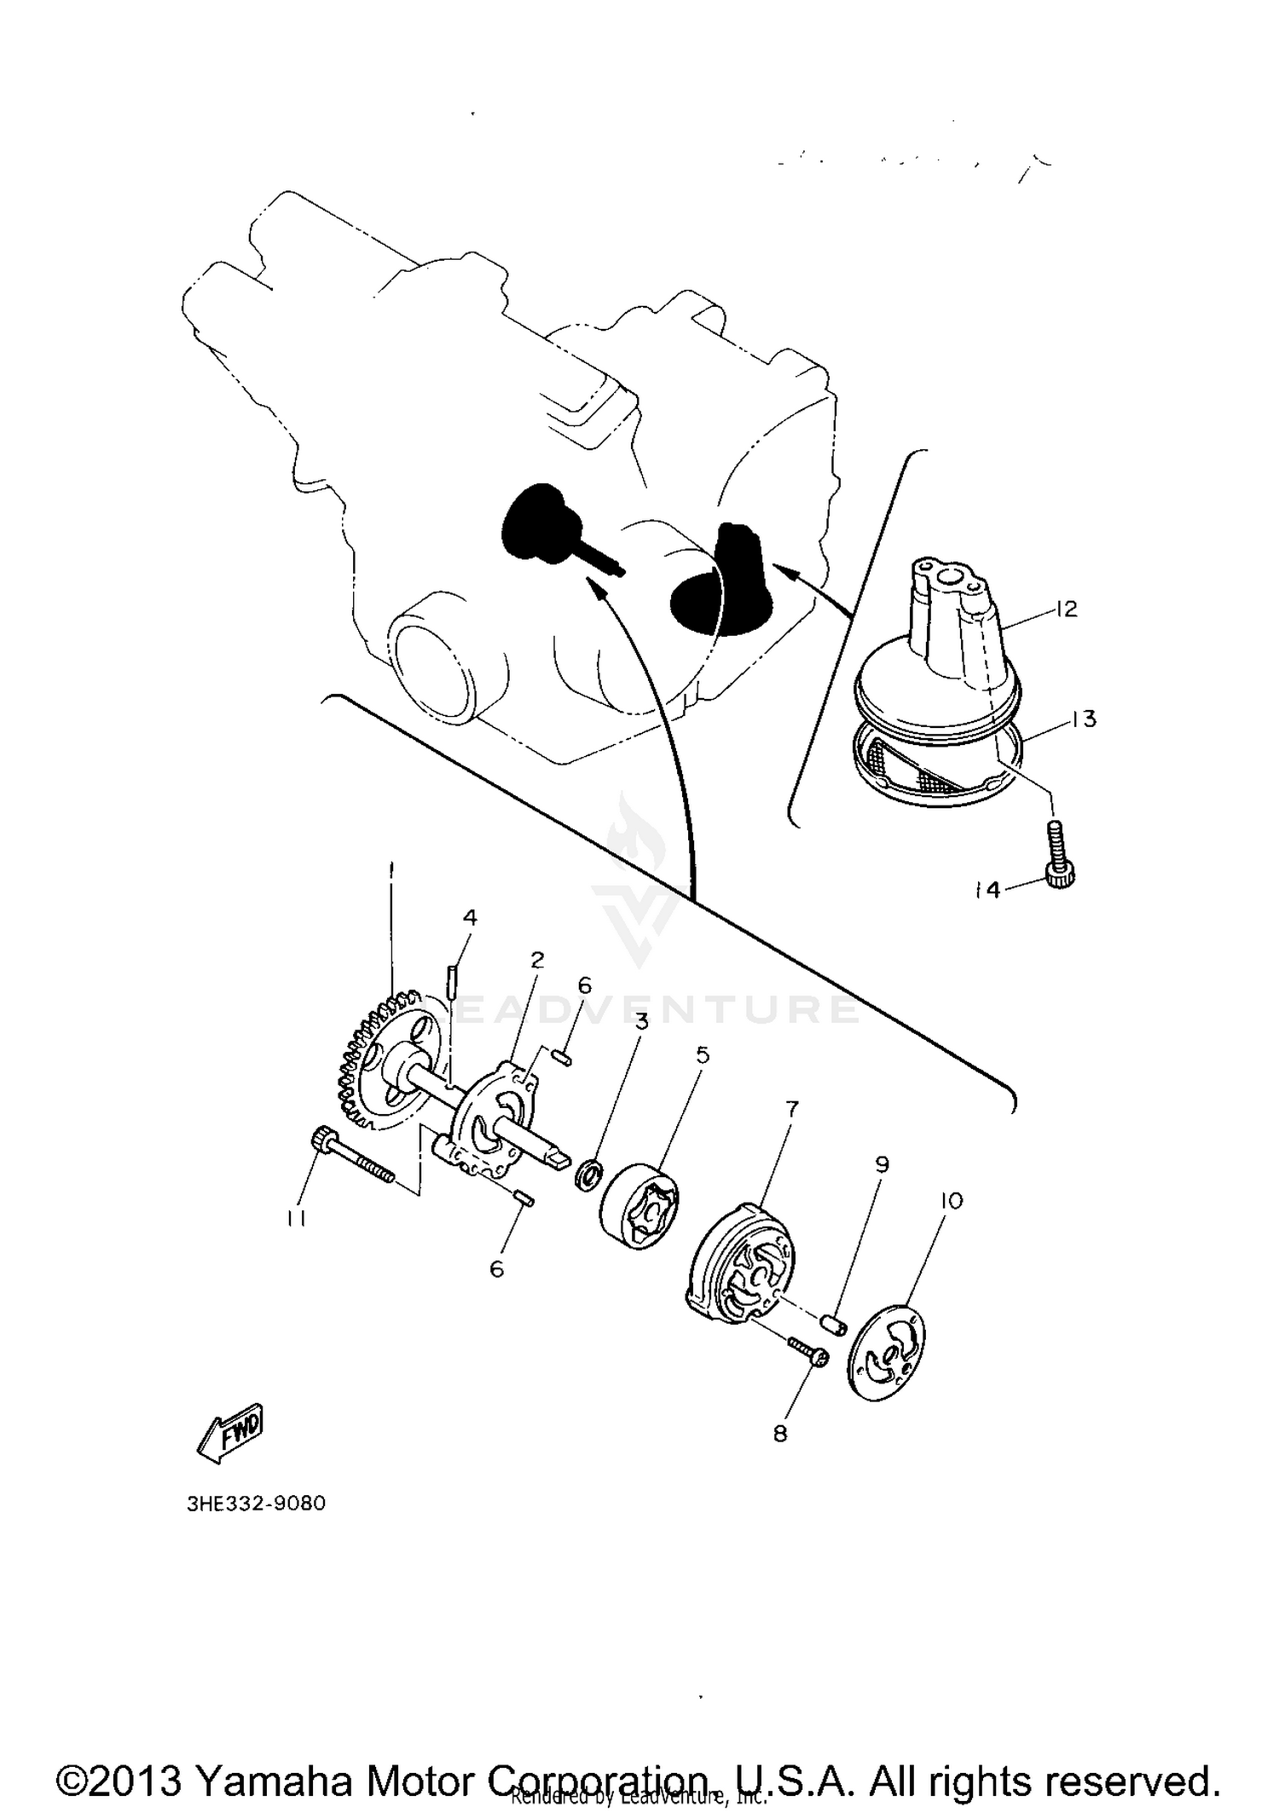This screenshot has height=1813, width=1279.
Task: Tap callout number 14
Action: click(x=987, y=890)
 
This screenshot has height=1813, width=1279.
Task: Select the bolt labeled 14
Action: click(x=1057, y=859)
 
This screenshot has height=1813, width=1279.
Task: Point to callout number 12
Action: click(x=1066, y=609)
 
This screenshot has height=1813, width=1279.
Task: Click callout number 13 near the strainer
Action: click(x=1083, y=719)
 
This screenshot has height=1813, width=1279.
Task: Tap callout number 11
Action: click(x=296, y=1219)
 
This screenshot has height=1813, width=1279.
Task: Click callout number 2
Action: click(x=536, y=960)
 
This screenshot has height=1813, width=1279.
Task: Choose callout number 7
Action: click(x=791, y=1109)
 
